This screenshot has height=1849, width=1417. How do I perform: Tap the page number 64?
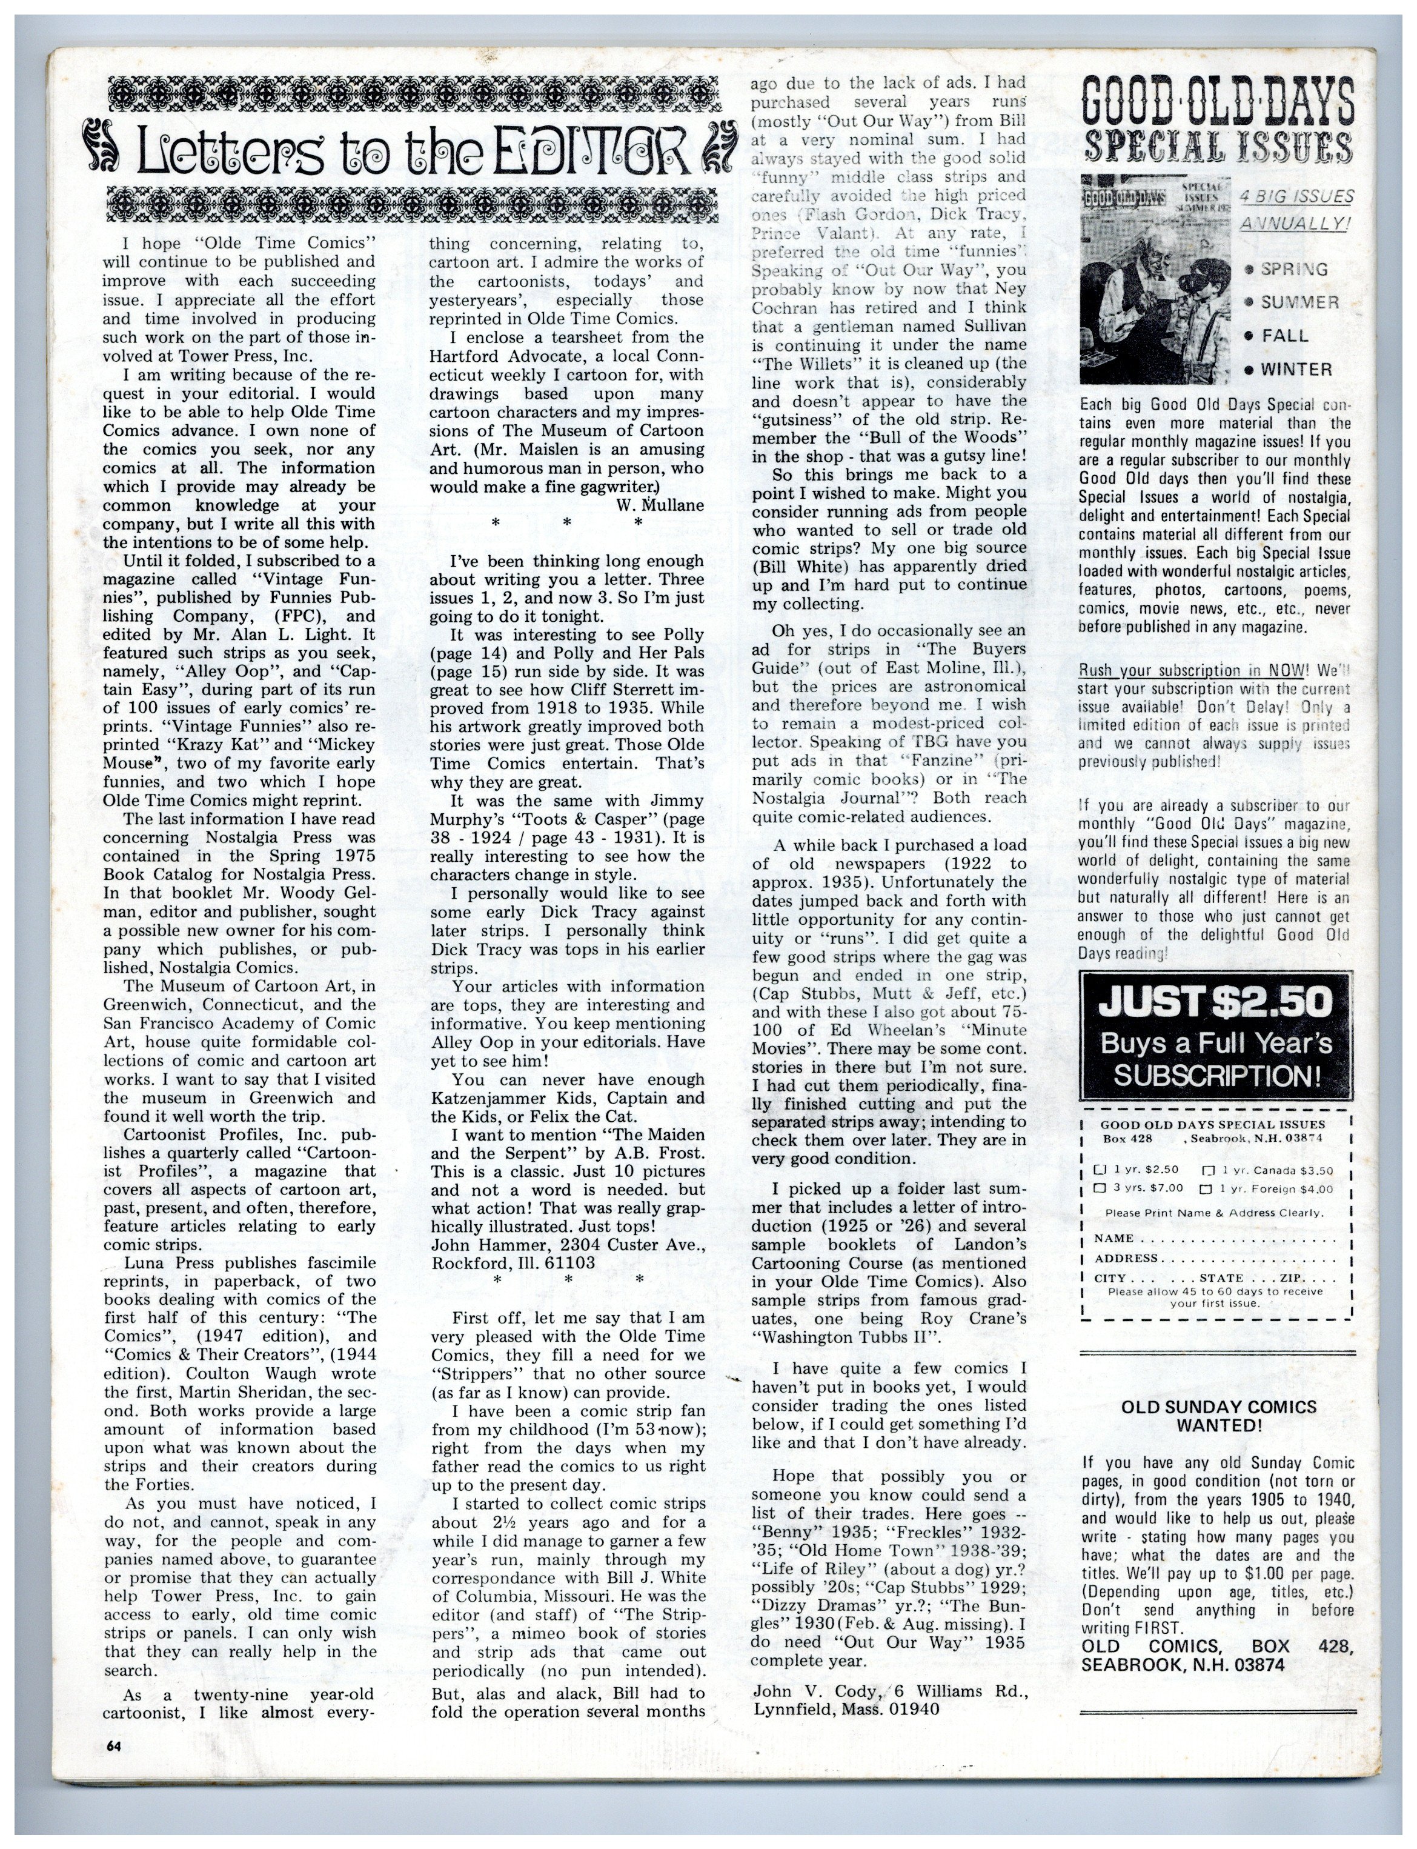point(114,1746)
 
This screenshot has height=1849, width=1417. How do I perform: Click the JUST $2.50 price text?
point(1215,1002)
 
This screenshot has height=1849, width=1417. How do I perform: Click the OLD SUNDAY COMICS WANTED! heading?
point(1218,1416)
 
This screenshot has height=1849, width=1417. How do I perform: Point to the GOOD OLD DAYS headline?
point(1217,101)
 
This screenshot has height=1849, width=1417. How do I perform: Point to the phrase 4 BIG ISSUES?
point(1296,198)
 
